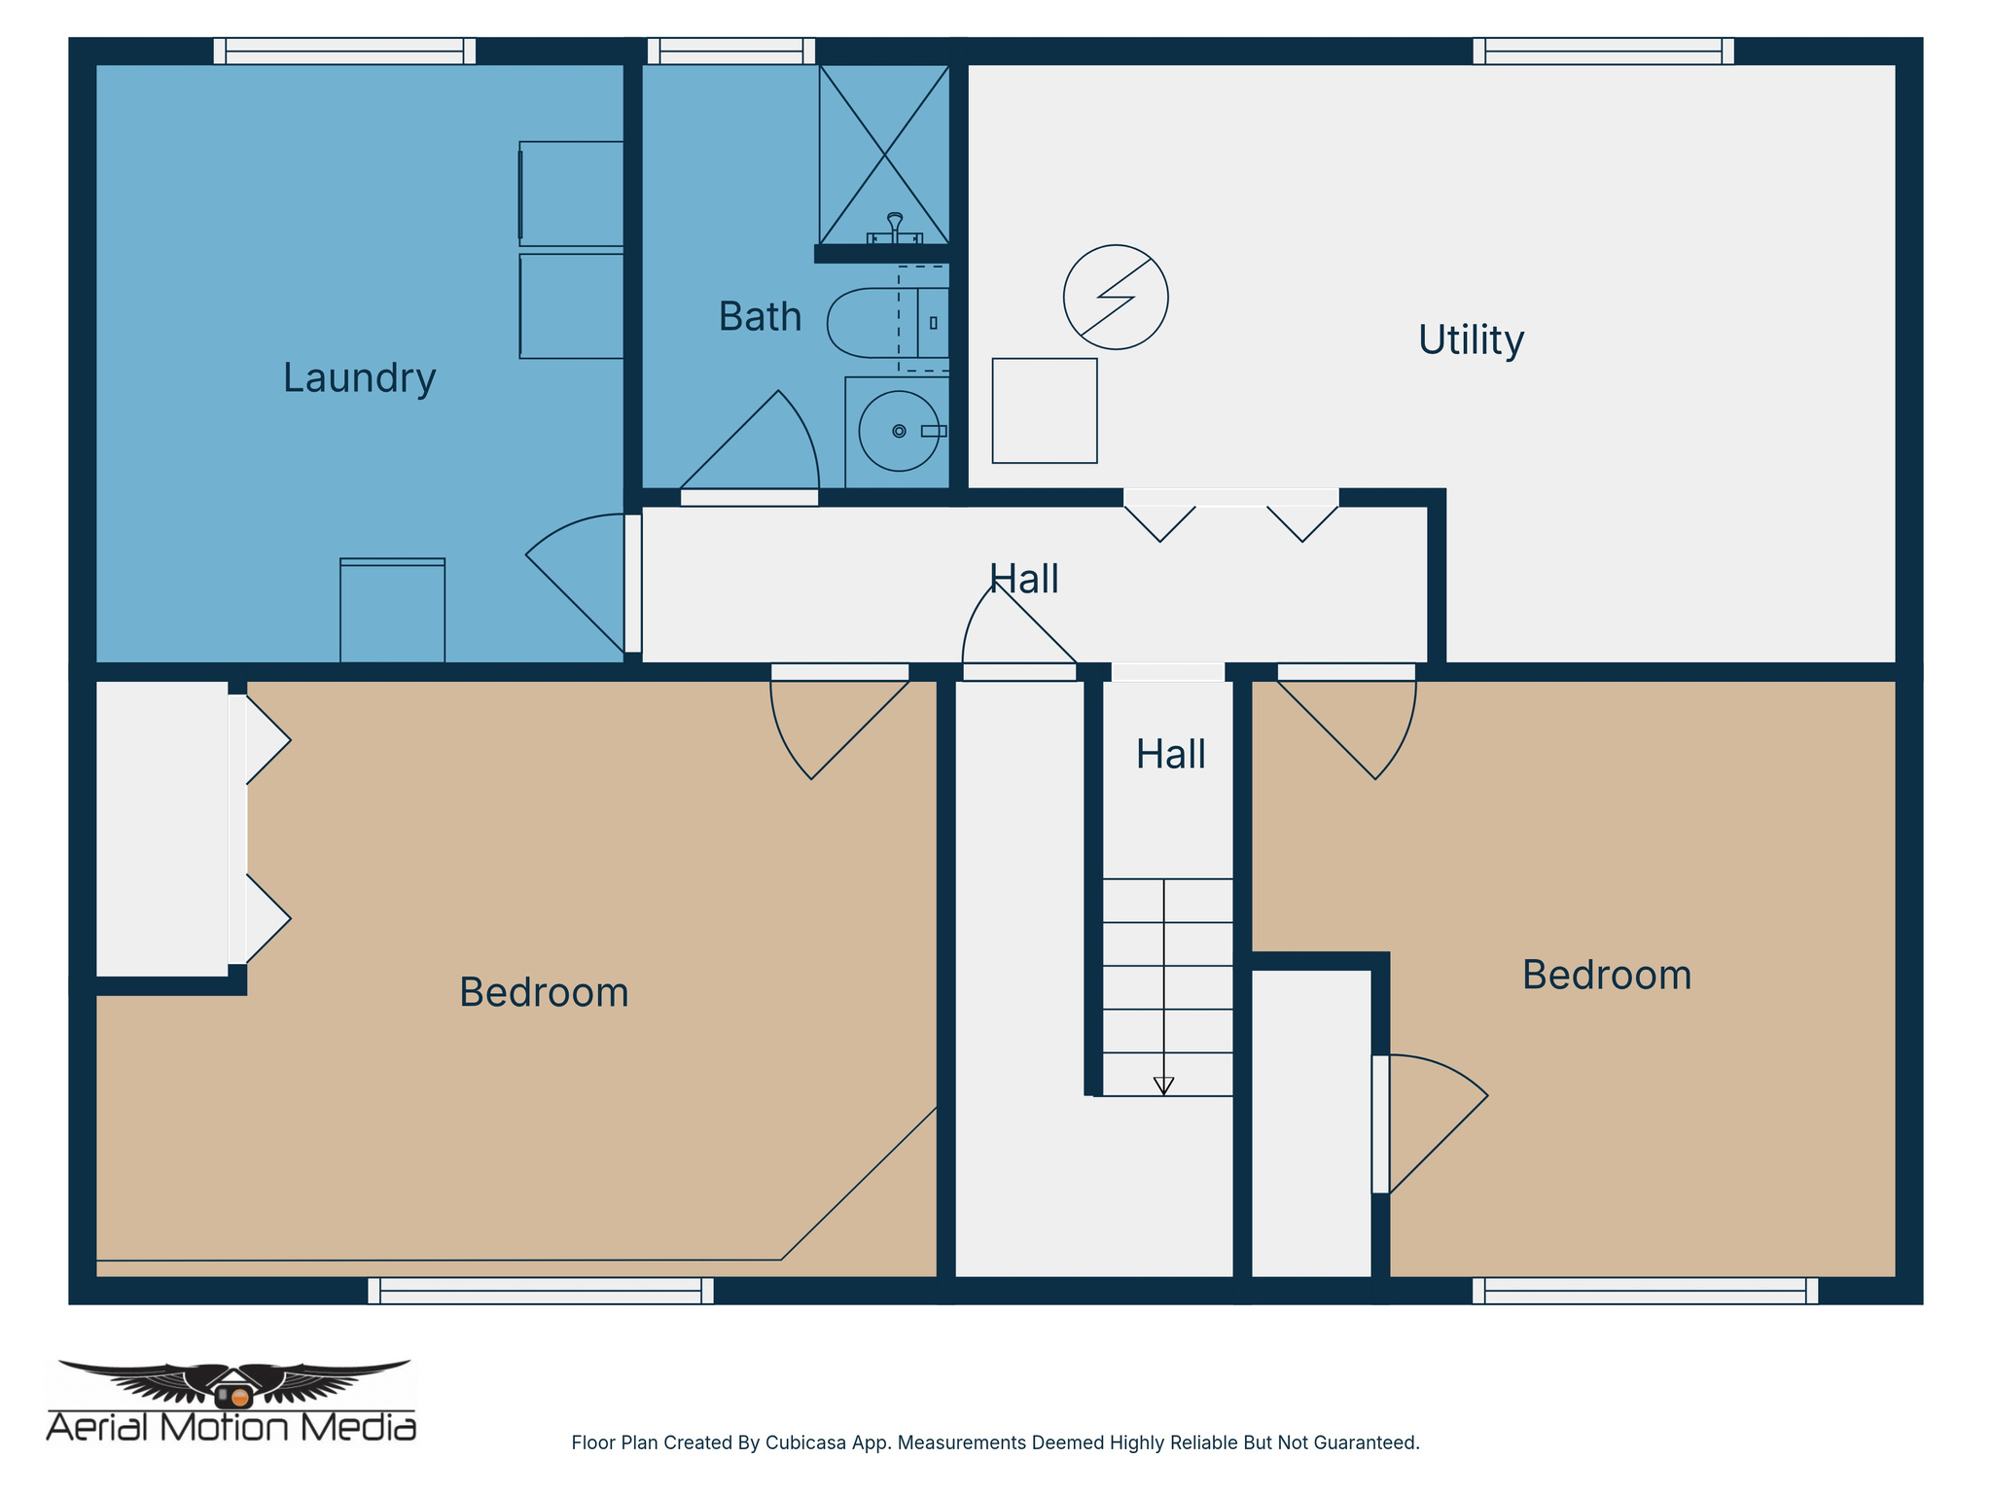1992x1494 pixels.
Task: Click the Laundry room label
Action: click(x=359, y=377)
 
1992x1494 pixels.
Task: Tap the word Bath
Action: click(x=760, y=317)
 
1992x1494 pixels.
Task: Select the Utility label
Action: click(x=1470, y=340)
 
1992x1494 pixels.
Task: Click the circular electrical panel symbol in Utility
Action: click(x=1115, y=297)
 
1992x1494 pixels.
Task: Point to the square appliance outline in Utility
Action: click(x=1044, y=410)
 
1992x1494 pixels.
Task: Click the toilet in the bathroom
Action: click(x=880, y=323)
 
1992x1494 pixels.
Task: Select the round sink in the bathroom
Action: click(x=898, y=431)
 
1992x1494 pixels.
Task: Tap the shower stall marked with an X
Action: click(x=883, y=153)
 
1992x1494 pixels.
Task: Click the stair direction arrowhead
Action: click(x=1163, y=1086)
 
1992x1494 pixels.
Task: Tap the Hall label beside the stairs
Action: click(x=1170, y=755)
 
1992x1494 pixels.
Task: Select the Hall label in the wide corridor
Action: click(x=1023, y=580)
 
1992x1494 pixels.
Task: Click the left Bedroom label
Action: click(x=544, y=993)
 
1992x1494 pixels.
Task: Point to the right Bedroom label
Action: click(x=1606, y=976)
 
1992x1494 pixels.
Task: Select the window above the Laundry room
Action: click(x=344, y=51)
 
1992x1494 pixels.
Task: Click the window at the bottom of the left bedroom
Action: click(x=540, y=1291)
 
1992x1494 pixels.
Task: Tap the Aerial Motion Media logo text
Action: click(x=231, y=1427)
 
